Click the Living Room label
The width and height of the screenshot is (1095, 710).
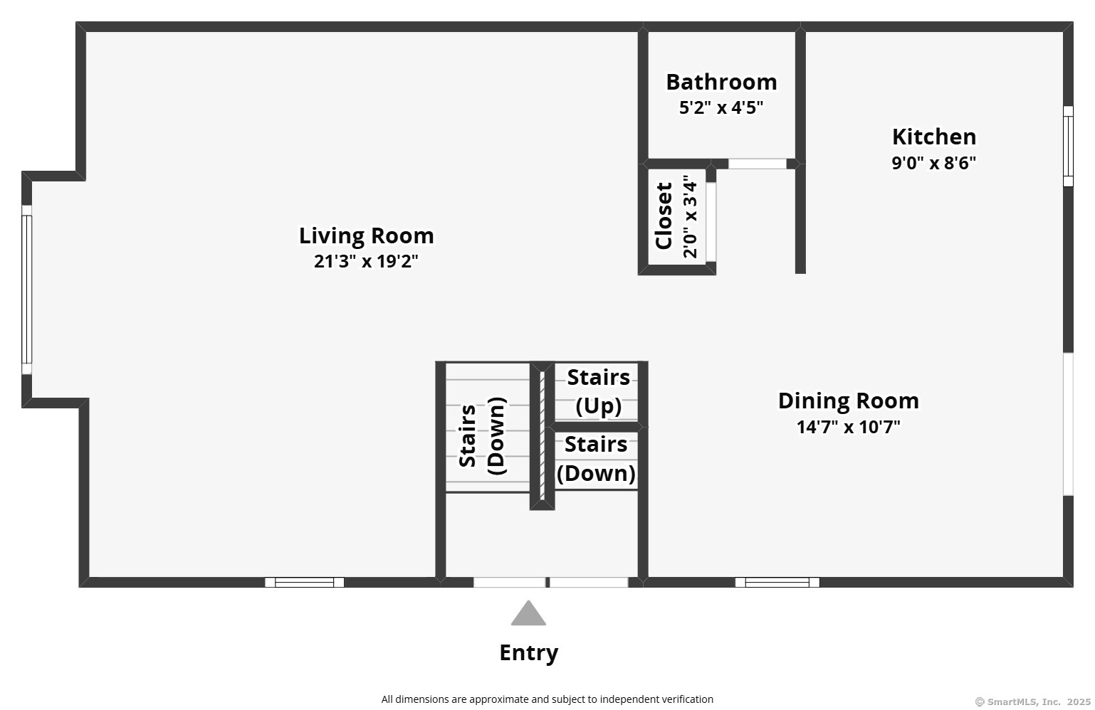[366, 236]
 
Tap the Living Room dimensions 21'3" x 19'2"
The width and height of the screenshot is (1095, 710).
[366, 261]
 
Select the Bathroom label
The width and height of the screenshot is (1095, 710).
[721, 82]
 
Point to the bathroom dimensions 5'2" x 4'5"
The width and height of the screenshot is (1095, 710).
[721, 107]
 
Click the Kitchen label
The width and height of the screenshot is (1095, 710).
[934, 137]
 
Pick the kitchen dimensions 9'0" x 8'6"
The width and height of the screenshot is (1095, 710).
[933, 163]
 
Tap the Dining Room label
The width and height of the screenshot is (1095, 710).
[849, 401]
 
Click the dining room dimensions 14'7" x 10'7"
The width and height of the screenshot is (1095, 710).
[849, 427]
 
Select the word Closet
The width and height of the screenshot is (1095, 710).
[664, 216]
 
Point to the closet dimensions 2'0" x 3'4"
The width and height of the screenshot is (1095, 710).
[690, 217]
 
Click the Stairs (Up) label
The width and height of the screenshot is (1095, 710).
[598, 391]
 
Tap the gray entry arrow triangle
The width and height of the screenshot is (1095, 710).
[528, 613]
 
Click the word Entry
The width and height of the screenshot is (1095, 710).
[528, 653]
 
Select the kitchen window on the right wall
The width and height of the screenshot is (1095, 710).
[1068, 146]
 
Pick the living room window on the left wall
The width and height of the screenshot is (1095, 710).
[26, 290]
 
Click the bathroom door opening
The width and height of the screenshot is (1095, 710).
[758, 164]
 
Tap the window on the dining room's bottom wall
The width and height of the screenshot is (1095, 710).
[777, 582]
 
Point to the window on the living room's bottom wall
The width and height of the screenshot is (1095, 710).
[305, 582]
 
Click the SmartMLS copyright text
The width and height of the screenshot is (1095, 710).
[1033, 701]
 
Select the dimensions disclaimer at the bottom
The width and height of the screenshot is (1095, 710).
[547, 699]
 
